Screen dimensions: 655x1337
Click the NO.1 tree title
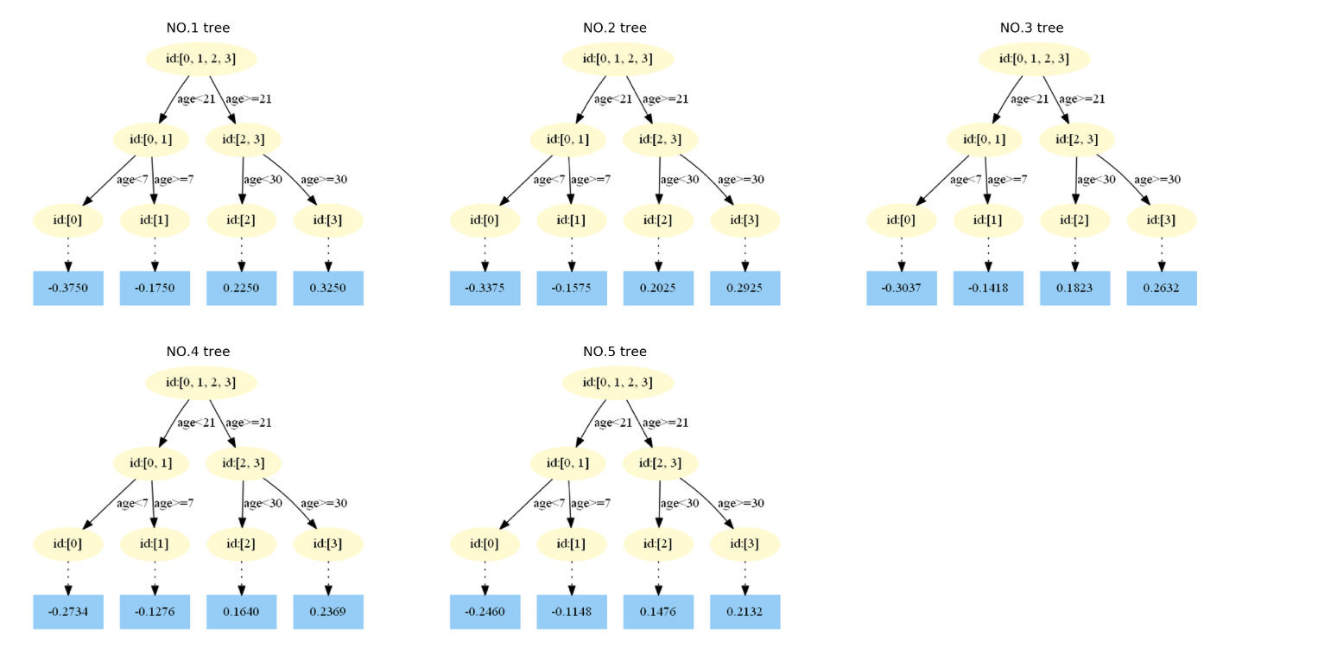(x=198, y=28)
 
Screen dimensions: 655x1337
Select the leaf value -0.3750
(x=68, y=288)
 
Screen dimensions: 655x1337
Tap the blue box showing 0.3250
(x=328, y=288)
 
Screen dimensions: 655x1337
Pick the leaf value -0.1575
(x=571, y=288)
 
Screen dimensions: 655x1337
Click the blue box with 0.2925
(x=745, y=288)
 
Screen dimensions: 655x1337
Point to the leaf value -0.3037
(x=901, y=288)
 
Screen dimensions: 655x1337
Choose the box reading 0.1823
(x=1074, y=288)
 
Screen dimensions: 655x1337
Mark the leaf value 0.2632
(x=1162, y=288)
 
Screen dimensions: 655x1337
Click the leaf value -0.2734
(x=68, y=612)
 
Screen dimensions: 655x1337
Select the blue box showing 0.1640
(x=241, y=612)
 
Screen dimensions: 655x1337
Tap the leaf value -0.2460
(x=485, y=612)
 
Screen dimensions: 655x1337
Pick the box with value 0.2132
(x=745, y=612)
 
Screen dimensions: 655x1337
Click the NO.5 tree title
(x=614, y=352)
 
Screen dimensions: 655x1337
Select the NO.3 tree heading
(x=1031, y=28)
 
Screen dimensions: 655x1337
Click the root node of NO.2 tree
(x=618, y=59)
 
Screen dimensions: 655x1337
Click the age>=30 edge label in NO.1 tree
(x=324, y=180)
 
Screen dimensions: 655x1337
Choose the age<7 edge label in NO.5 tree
(x=549, y=504)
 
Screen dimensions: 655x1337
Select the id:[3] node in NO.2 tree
(x=745, y=220)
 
